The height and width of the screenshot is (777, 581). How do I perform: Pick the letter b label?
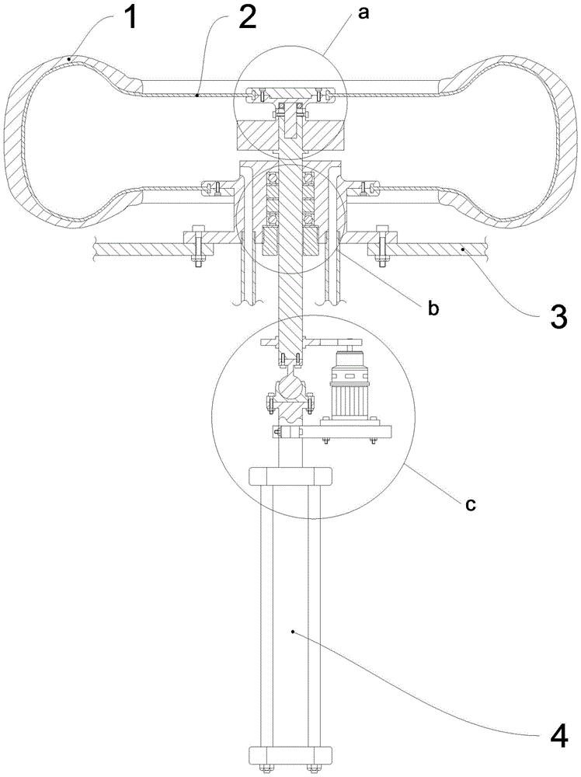tap(433, 308)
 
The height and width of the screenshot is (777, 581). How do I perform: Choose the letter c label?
tap(469, 503)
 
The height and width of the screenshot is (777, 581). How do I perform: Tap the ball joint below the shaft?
tap(289, 388)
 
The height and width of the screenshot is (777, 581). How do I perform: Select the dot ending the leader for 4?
tap(293, 632)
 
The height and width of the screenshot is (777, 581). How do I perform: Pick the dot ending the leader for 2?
tap(199, 96)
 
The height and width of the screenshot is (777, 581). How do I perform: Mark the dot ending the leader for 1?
tap(71, 58)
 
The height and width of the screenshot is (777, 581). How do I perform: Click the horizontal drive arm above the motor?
tap(326, 343)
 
